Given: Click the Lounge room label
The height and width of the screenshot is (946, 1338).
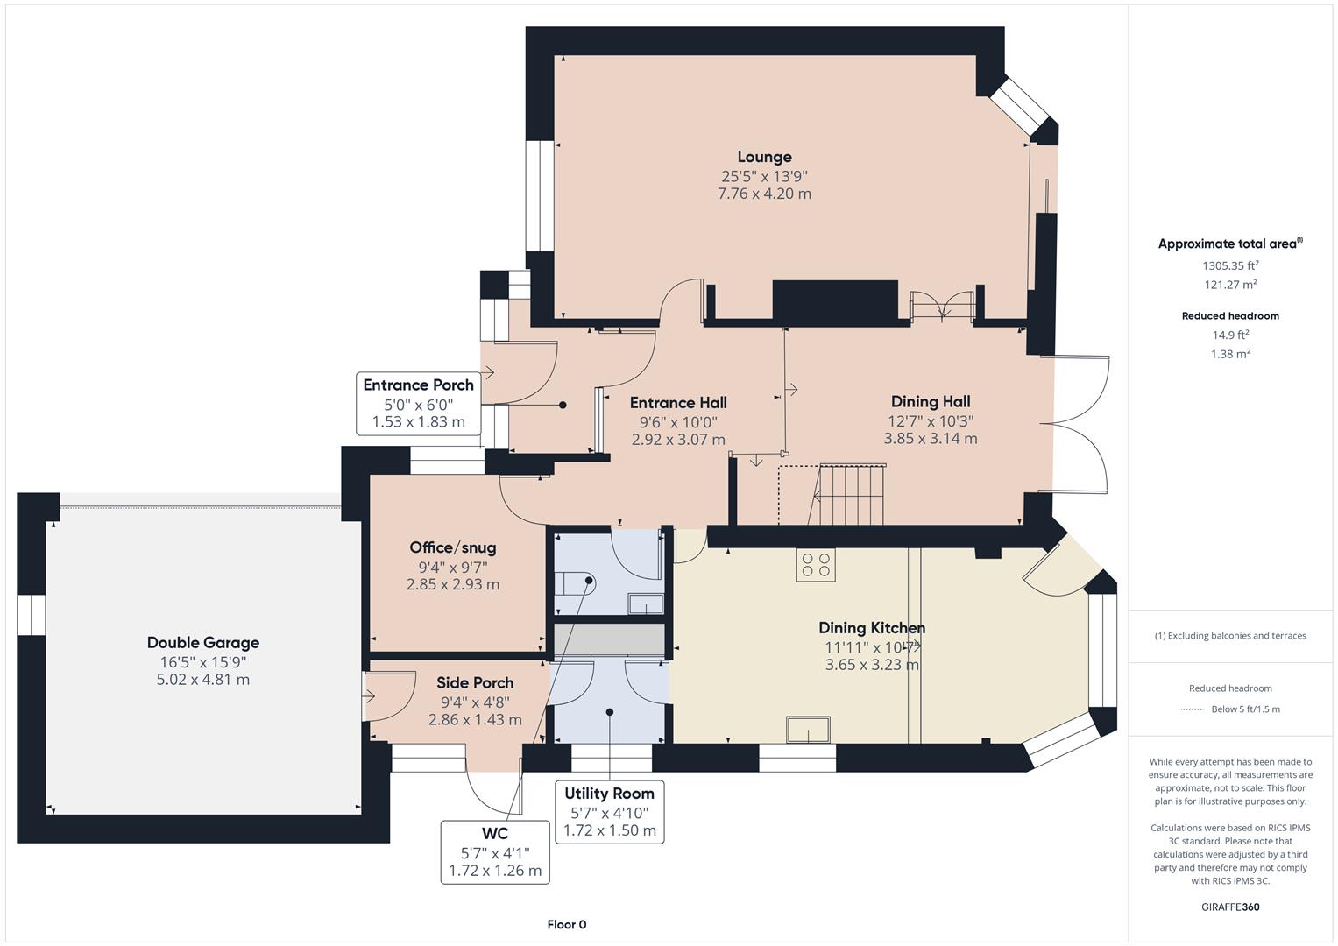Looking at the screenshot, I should [764, 157].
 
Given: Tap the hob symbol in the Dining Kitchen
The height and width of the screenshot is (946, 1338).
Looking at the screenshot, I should [815, 564].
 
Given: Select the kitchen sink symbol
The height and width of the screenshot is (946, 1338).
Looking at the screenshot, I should [808, 730].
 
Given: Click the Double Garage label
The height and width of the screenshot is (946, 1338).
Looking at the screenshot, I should [203, 642].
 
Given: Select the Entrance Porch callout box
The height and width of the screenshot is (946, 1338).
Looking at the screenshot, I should [418, 403].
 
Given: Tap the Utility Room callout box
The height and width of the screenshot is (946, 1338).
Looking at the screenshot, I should [609, 812].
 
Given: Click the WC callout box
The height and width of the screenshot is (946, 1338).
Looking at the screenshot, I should [495, 852].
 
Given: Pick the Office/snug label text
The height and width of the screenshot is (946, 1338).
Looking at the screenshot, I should [453, 547].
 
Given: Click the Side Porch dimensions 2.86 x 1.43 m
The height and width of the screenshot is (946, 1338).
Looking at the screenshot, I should [475, 719].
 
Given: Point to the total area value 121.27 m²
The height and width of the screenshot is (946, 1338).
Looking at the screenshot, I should [1230, 285].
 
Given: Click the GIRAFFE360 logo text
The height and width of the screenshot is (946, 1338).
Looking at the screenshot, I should [1230, 907].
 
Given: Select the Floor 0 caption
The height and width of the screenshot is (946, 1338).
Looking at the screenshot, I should [566, 924].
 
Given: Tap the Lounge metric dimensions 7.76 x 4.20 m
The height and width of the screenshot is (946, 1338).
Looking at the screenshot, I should [764, 194].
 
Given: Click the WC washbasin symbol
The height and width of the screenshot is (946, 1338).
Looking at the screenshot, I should [646, 604].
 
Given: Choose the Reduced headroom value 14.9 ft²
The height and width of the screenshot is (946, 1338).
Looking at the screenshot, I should [1230, 335].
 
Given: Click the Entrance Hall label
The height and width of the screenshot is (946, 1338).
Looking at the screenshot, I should [678, 403].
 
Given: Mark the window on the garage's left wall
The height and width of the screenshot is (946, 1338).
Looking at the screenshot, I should [31, 615].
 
